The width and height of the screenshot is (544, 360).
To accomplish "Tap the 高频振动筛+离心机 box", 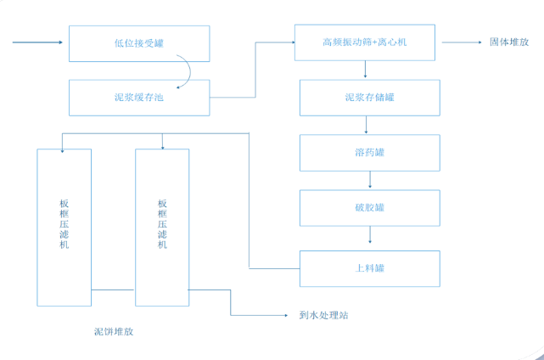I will (365, 42).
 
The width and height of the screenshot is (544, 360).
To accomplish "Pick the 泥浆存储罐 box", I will (369, 98).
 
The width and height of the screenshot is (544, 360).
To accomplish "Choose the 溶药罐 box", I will (369, 153).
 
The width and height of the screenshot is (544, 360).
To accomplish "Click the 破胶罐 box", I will (369, 208).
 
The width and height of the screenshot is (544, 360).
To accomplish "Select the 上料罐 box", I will (369, 269).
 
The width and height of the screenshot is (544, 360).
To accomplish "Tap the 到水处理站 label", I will (324, 315).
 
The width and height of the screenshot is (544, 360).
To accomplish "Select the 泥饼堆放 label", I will (113, 332).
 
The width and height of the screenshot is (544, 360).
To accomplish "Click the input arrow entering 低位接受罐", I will (38, 42).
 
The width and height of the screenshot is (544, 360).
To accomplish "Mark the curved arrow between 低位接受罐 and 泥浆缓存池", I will (184, 71).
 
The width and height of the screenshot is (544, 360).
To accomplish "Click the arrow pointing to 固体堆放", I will (461, 42).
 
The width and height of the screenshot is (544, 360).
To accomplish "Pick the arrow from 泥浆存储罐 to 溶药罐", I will (366, 125).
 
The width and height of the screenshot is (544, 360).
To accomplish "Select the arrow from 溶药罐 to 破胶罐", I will (369, 180).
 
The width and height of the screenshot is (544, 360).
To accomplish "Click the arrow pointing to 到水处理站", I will (263, 315).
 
